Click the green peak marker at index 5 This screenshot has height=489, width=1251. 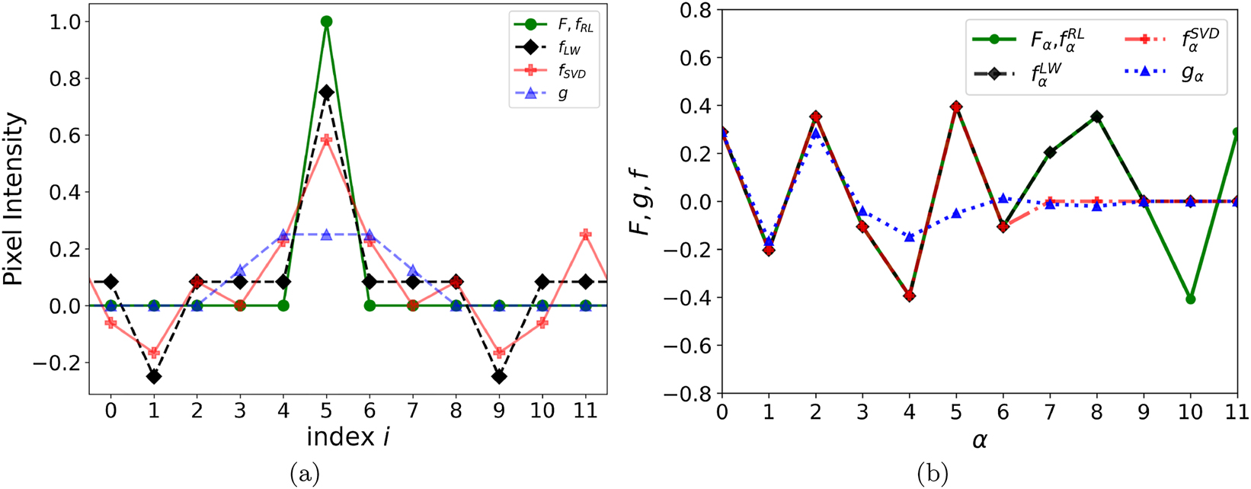(326, 22)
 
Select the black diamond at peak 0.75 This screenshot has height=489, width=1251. (326, 92)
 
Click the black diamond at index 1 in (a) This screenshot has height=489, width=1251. (154, 376)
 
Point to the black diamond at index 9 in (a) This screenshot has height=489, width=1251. (499, 376)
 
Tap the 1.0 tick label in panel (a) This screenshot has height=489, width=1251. (65, 22)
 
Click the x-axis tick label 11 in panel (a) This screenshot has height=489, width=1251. (585, 411)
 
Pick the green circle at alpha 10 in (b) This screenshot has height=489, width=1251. (1190, 299)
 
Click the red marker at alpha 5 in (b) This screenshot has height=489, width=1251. (956, 107)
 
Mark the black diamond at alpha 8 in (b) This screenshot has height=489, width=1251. (1096, 117)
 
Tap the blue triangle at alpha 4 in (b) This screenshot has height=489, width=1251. (910, 237)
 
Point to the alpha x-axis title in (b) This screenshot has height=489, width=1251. (979, 440)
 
